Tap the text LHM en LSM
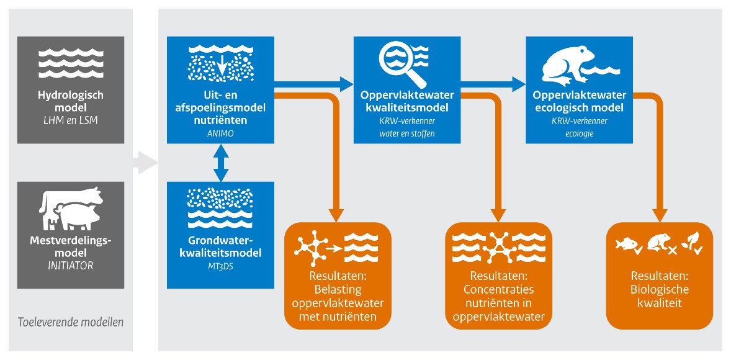(70, 120)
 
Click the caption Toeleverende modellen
(70, 322)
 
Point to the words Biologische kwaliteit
(660, 296)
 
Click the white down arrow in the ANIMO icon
(220, 66)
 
